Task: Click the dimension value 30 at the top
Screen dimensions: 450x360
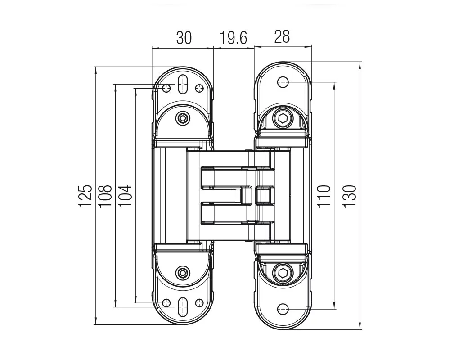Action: click(184, 38)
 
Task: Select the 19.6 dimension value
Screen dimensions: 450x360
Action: click(233, 38)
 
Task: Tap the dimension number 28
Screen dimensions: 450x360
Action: click(282, 37)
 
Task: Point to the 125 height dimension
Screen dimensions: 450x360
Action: click(85, 196)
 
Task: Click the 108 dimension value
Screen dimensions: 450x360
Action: click(105, 196)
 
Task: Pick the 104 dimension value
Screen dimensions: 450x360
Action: click(125, 196)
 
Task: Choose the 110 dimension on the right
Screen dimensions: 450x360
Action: click(324, 196)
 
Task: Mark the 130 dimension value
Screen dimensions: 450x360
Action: click(349, 196)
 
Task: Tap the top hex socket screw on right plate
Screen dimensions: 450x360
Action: click(283, 118)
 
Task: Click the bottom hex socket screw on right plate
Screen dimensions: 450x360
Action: click(283, 273)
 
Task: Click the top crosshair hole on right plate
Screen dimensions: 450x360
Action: click(283, 82)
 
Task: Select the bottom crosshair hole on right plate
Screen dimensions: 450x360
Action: click(283, 309)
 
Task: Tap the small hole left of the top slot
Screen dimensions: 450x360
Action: click(166, 88)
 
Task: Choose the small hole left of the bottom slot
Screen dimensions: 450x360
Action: click(166, 302)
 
